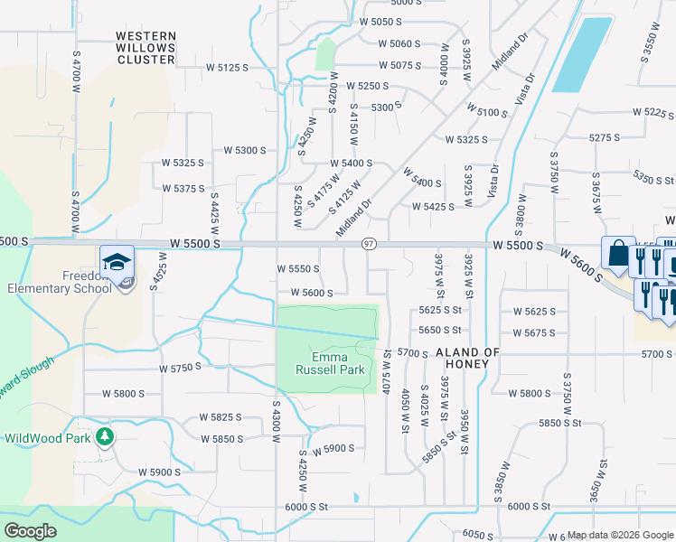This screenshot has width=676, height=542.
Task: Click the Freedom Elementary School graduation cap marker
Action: pyautogui.click(x=117, y=261)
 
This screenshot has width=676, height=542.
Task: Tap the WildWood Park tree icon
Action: pyautogui.click(x=107, y=437)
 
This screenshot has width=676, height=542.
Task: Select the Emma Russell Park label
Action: pyautogui.click(x=330, y=362)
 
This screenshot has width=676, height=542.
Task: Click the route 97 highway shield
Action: pyautogui.click(x=369, y=245)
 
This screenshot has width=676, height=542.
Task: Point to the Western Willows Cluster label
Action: pyautogui.click(x=146, y=48)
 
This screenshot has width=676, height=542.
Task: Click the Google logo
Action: pyautogui.click(x=30, y=531)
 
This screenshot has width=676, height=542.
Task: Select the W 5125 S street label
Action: pyautogui.click(x=227, y=67)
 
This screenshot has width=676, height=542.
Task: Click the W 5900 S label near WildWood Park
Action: pyautogui.click(x=160, y=472)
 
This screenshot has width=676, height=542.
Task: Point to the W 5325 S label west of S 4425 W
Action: pyautogui.click(x=183, y=163)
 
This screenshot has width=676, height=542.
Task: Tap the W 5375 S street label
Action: pyautogui.click(x=183, y=188)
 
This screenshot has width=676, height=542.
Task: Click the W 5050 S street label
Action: pyautogui.click(x=380, y=22)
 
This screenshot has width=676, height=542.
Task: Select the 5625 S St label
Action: pyautogui.click(x=440, y=310)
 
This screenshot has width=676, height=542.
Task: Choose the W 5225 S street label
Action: pyautogui.click(x=653, y=113)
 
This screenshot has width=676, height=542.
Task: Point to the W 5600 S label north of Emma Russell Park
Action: pyautogui.click(x=312, y=293)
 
